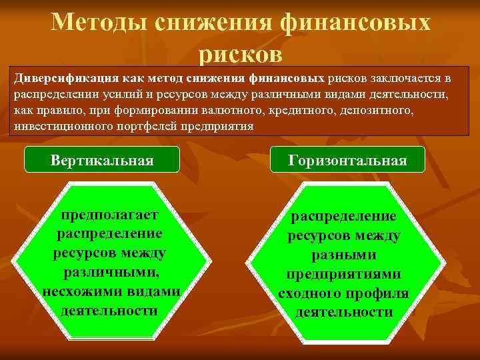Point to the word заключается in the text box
click(x=401, y=78)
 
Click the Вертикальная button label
click(x=102, y=160)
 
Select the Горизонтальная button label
click(x=347, y=160)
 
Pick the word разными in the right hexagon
click(x=343, y=255)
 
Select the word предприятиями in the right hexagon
click(x=343, y=274)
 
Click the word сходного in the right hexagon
click(x=314, y=293)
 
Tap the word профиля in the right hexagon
click(x=379, y=293)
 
